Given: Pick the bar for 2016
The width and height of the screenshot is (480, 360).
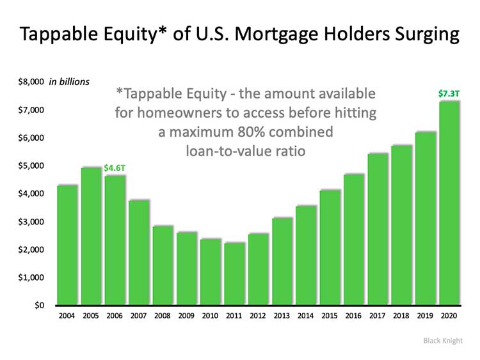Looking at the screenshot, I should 353,239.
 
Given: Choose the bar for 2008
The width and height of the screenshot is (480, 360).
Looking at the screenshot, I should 163,265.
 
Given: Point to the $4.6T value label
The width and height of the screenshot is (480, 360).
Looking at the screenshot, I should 115,168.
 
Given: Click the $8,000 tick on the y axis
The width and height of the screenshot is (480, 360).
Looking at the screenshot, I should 31,82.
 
